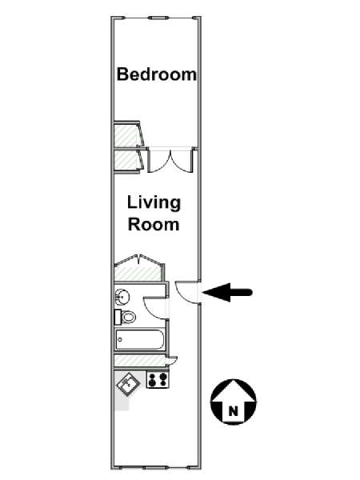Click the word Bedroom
pyautogui.click(x=157, y=74)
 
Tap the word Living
pyautogui.click(x=154, y=203)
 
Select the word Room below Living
pyautogui.click(x=154, y=224)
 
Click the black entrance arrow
pyautogui.click(x=227, y=292)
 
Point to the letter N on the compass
pyautogui.click(x=234, y=411)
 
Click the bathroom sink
pyautogui.click(x=122, y=297)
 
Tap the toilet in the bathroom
pyautogui.click(x=126, y=317)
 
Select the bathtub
pyautogui.click(x=139, y=339)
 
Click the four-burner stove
pyautogui.click(x=158, y=379)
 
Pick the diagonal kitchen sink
pyautogui.click(x=128, y=382)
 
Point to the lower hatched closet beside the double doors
pyautogui.click(x=126, y=161)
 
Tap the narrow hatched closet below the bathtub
pyautogui.click(x=139, y=361)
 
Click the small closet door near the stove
pyautogui.click(x=171, y=361)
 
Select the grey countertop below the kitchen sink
pyautogui.click(x=122, y=401)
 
